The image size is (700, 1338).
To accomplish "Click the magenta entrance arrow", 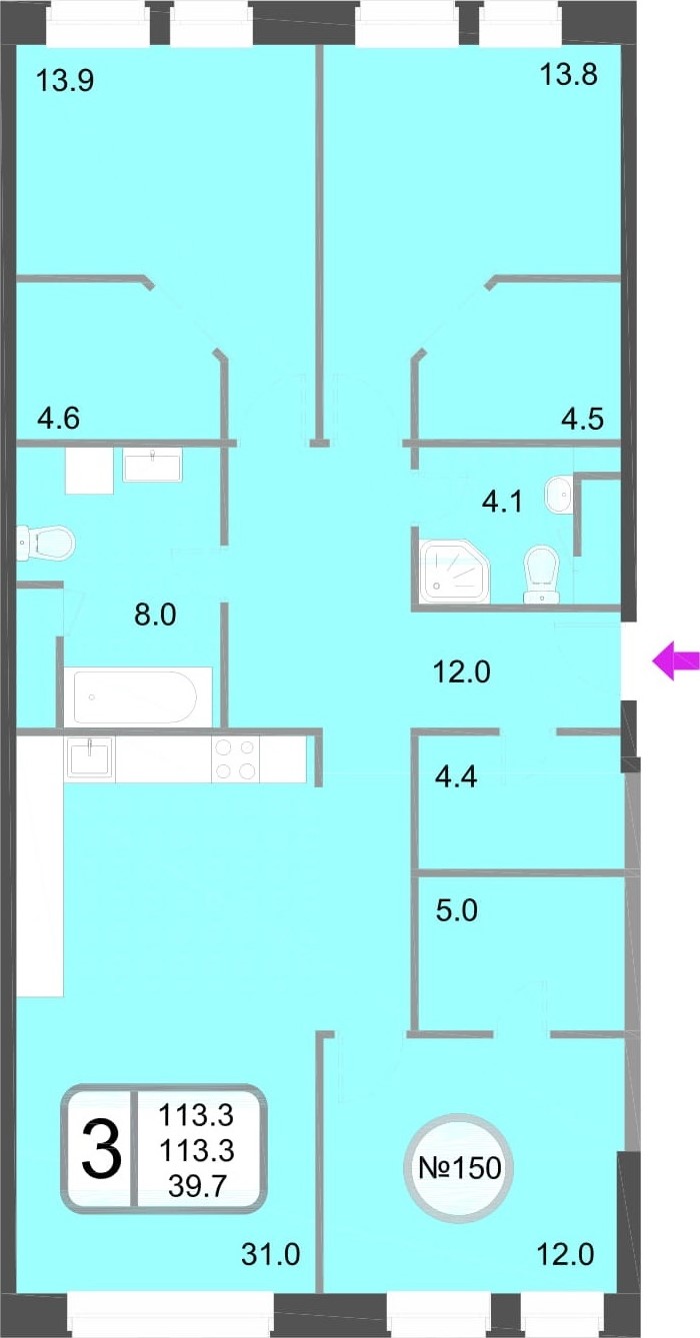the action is tap(675, 661).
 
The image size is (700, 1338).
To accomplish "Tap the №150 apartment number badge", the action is tap(459, 1168).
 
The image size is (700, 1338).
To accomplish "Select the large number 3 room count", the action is tap(102, 1149).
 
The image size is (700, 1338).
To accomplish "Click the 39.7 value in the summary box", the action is tap(197, 1184).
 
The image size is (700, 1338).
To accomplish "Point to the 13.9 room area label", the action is tap(65, 80).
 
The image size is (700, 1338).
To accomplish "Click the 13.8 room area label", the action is tap(568, 75).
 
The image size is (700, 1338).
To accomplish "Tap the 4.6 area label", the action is tap(58, 418).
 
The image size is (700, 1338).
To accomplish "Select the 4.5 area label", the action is tap(582, 418).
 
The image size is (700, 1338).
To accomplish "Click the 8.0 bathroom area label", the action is tap(155, 615).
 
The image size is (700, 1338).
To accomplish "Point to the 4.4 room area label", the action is tap(456, 777).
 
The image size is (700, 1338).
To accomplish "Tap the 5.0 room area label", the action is tap(457, 911).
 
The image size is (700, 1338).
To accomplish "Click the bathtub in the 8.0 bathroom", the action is tap(137, 696).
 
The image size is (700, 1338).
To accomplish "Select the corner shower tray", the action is tap(455, 572).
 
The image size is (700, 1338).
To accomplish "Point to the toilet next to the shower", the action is tap(541, 575).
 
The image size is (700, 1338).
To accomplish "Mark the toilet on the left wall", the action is tap(44, 543).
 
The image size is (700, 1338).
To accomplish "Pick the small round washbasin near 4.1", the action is tap(558, 494).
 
